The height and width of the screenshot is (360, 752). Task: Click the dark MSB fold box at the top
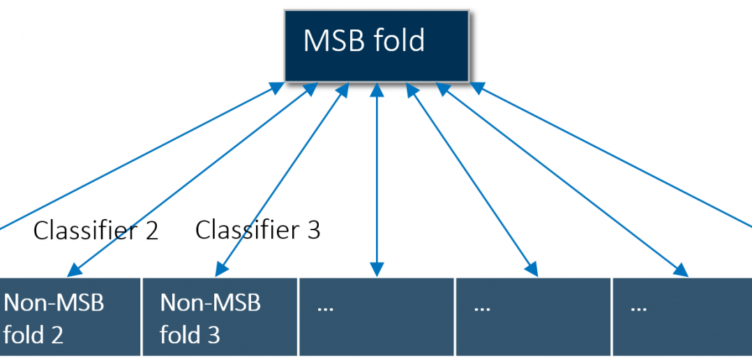[377, 46]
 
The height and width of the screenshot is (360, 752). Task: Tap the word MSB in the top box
[331, 40]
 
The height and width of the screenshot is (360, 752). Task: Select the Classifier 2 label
[96, 230]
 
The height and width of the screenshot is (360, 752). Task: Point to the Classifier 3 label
[257, 230]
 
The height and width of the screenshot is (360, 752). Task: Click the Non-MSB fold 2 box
[70, 317]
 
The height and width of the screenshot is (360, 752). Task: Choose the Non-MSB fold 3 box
[220, 317]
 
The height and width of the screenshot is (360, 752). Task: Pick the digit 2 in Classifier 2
[151, 231]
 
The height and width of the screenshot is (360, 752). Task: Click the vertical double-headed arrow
[377, 180]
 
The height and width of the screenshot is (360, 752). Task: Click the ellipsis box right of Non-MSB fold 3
[377, 317]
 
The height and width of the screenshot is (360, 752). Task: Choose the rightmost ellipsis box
[682, 317]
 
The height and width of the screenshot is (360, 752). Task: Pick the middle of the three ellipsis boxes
[533, 317]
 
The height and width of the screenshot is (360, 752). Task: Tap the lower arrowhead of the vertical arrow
[377, 271]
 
